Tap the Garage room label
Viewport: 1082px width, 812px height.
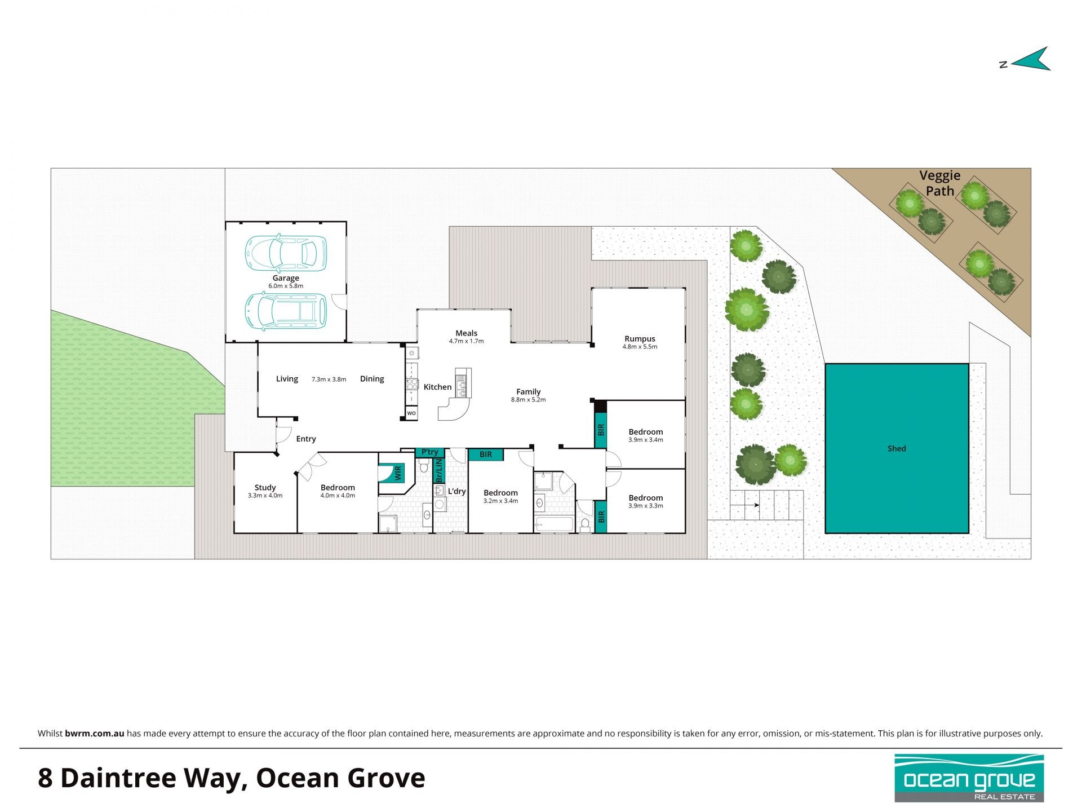pos(286,278)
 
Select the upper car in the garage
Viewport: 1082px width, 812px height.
pos(285,252)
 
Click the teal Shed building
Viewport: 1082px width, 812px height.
pos(897,448)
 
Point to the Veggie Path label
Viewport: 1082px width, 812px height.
pos(940,183)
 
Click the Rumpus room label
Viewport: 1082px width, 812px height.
pos(640,339)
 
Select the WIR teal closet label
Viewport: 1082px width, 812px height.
pos(398,472)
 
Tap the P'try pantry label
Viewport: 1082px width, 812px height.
pos(429,452)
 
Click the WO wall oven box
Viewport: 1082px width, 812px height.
pos(411,413)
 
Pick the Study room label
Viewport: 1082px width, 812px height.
pos(265,488)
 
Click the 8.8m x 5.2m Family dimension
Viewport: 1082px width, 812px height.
pos(528,400)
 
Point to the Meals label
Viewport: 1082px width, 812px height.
pos(467,333)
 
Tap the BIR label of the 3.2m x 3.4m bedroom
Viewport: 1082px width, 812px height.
pos(486,454)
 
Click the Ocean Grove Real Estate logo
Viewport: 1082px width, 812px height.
pos(969,778)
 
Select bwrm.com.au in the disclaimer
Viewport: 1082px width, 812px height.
pos(94,734)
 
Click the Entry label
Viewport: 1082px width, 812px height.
pos(306,439)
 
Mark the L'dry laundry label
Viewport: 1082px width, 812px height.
pos(456,491)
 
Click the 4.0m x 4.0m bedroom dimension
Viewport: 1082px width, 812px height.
pos(338,496)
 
